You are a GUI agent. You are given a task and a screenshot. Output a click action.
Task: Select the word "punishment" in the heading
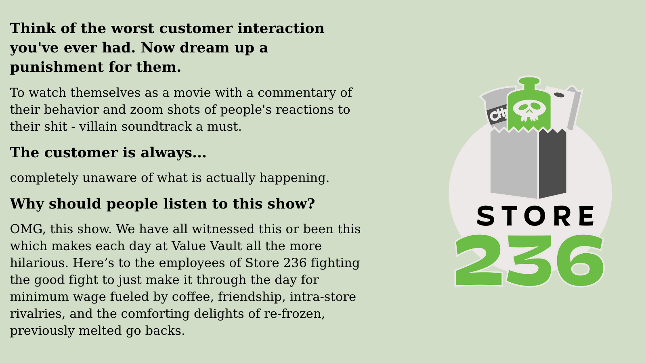coord(57,67)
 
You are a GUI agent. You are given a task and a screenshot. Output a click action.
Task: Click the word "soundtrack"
coord(157,127)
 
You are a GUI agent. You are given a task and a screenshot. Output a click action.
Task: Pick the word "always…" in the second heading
coord(173,153)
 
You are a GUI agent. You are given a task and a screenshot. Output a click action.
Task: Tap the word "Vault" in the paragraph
coord(226,246)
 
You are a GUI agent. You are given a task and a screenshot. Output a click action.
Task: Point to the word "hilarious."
coord(39,263)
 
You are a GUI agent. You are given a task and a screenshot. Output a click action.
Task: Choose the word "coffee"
coord(193,297)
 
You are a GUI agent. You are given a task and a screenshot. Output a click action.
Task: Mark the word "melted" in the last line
coord(100,331)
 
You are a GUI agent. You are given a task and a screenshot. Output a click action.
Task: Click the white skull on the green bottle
coord(529,111)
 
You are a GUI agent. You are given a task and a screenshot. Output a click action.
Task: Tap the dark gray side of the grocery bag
coord(552,163)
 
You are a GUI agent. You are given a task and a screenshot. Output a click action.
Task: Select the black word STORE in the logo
coord(535,216)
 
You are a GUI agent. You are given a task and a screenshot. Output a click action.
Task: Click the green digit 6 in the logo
coord(580,261)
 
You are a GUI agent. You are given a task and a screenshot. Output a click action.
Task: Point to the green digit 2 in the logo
coord(479,261)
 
